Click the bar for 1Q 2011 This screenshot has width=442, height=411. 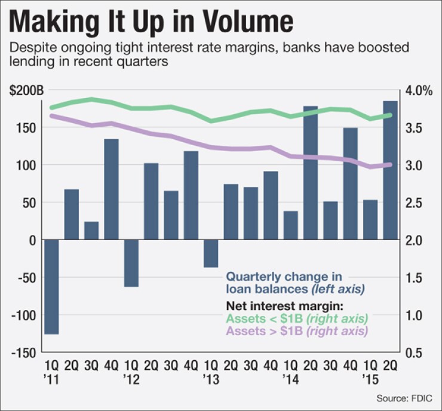click(51, 287)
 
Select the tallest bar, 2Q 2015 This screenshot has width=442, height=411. click(390, 170)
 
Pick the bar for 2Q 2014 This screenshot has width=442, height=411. click(311, 173)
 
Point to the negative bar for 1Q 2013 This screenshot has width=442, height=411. click(211, 253)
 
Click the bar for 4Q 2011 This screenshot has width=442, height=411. click(111, 189)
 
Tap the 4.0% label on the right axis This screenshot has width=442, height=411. click(419, 91)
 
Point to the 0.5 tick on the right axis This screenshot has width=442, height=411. click(416, 352)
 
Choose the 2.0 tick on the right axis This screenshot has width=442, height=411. click(416, 240)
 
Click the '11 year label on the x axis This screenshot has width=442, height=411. click(51, 378)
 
